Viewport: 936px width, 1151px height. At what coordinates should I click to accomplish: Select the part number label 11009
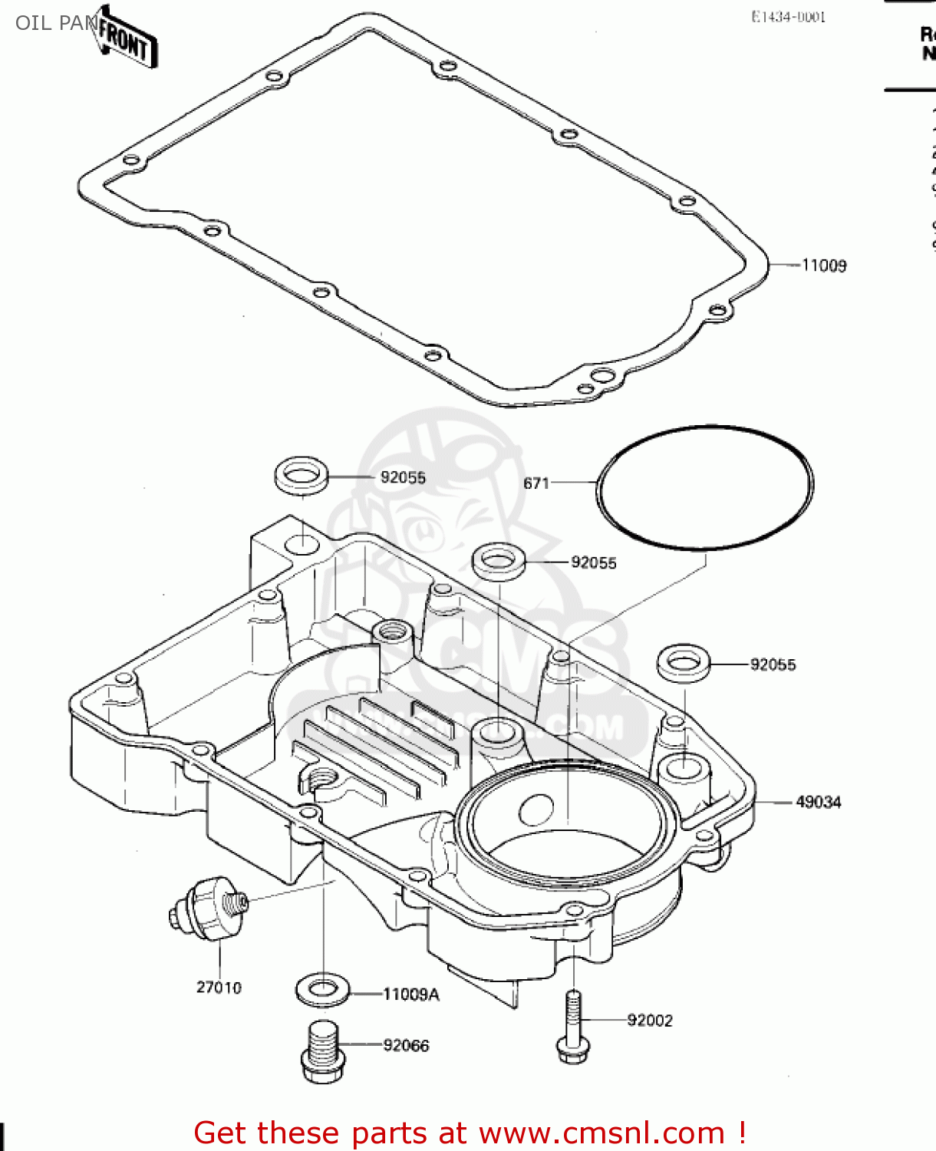tap(824, 265)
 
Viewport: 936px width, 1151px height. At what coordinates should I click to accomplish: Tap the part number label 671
tap(536, 483)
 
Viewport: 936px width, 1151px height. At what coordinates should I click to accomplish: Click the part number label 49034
tap(818, 802)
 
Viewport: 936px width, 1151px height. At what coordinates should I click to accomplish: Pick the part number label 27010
tap(219, 988)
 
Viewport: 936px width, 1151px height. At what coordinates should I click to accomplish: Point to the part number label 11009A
tap(410, 994)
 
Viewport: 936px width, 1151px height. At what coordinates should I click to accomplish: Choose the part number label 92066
tap(406, 1046)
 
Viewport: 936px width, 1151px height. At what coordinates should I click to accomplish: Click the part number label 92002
tap(649, 1021)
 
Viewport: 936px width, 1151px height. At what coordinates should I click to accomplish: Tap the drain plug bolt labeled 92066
tap(322, 1052)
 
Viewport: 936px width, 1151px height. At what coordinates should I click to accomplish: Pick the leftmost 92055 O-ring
tap(302, 475)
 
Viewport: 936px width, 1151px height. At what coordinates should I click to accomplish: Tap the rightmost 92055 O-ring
tap(683, 663)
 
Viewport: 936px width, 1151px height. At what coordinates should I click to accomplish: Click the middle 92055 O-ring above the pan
tap(498, 560)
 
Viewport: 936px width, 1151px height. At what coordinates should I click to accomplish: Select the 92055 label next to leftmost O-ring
tap(403, 477)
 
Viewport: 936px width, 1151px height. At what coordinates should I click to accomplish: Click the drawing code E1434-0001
tap(788, 17)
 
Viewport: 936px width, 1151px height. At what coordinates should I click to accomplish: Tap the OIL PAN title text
tap(56, 23)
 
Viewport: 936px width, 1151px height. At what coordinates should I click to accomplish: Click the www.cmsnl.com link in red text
tap(601, 1133)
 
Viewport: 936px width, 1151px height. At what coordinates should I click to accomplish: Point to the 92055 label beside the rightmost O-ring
tap(773, 665)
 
